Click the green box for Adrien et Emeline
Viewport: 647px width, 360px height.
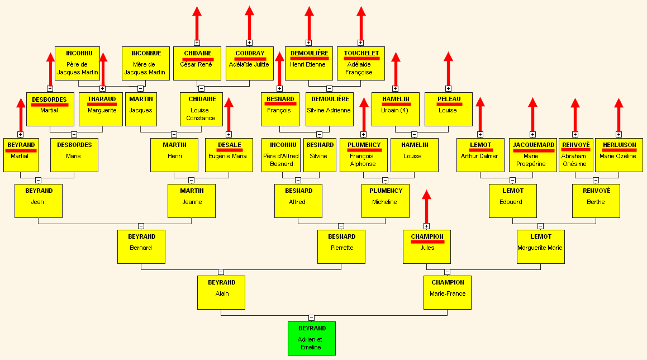point(312,339)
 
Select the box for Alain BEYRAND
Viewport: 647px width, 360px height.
point(221,293)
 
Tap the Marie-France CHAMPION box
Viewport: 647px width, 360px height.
point(448,293)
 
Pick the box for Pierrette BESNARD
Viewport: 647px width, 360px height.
point(341,247)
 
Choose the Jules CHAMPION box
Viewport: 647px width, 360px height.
point(427,247)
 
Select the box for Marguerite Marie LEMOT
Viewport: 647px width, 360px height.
point(540,247)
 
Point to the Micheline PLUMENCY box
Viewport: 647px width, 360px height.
point(386,201)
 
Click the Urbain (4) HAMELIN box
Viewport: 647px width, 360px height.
point(396,110)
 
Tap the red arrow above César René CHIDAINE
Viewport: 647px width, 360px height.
point(197,23)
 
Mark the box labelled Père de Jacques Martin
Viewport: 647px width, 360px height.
point(77,64)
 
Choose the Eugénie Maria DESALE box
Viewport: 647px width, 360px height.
point(229,155)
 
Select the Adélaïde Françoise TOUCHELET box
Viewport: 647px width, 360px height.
point(361,64)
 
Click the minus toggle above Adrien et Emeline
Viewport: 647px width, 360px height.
point(312,318)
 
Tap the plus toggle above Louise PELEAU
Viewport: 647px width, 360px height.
point(448,89)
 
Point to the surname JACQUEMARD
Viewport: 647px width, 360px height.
point(534,145)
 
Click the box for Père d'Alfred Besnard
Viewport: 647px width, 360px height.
point(281,155)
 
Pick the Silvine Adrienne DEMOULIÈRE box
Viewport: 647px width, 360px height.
point(330,110)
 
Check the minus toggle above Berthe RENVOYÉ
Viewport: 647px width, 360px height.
point(596,181)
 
